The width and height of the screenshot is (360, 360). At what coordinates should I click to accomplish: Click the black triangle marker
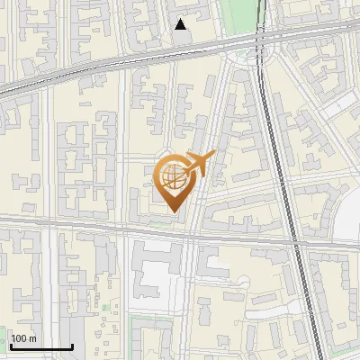181,24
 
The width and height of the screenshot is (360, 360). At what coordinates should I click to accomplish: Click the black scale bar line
41,347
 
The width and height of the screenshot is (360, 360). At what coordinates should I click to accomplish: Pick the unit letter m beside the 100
32,338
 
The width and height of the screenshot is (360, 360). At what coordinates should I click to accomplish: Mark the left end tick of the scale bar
11,346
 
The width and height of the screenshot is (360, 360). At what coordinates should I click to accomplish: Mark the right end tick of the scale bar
72,346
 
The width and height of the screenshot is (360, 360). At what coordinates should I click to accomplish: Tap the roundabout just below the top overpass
240,57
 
